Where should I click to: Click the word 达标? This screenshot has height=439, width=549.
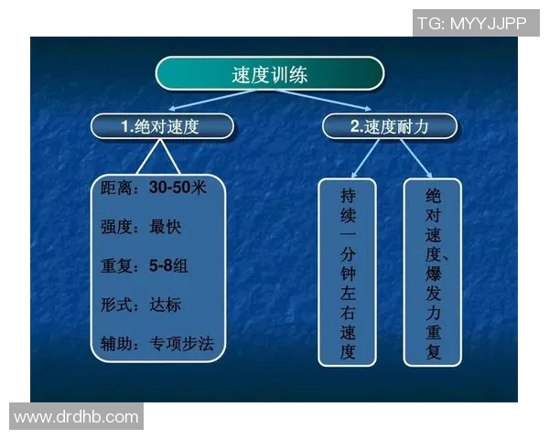click(x=167, y=305)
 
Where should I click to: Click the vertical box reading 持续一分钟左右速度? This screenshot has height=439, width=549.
click(x=347, y=273)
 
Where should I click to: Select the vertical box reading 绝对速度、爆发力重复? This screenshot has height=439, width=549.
click(x=433, y=273)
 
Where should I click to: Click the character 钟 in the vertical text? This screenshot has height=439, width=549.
click(x=347, y=273)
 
